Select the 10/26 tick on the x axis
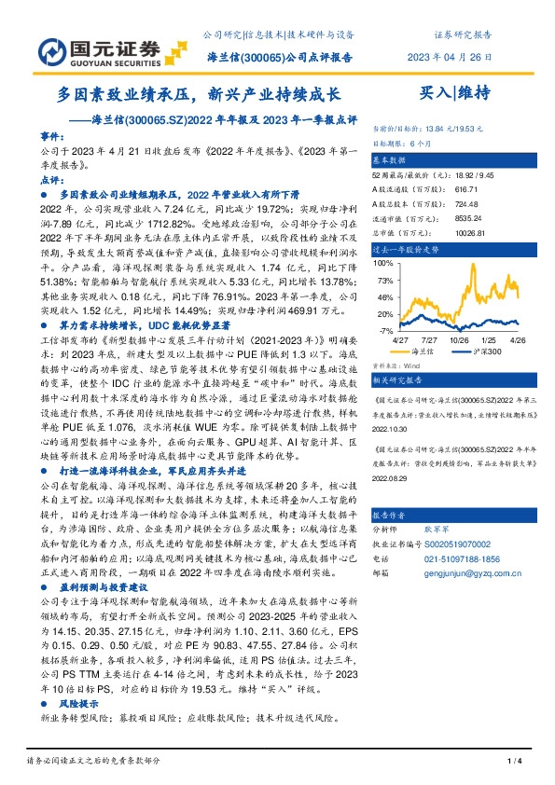click(x=459, y=341)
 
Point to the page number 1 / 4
click(x=512, y=764)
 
